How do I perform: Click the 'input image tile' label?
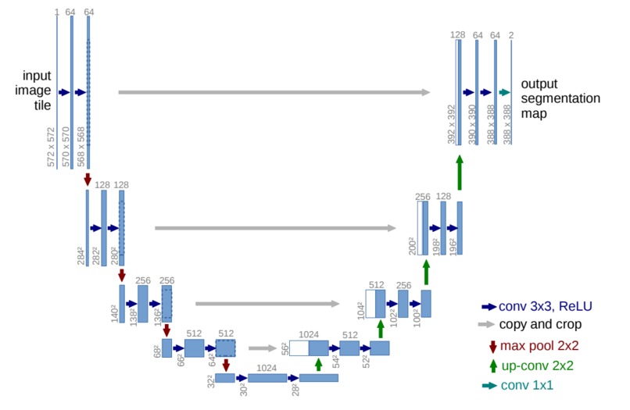click(x=33, y=91)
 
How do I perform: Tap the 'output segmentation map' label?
click(x=560, y=98)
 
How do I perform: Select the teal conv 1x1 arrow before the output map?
click(x=504, y=92)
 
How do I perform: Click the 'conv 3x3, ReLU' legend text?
click(x=546, y=306)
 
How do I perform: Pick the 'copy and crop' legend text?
click(x=540, y=324)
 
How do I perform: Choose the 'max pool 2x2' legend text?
click(x=539, y=345)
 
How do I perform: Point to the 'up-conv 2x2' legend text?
click(x=537, y=365)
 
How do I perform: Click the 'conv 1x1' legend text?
click(x=527, y=385)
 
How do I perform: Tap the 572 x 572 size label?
click(x=51, y=147)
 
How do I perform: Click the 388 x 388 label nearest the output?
click(x=507, y=124)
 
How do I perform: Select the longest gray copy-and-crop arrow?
click(x=274, y=92)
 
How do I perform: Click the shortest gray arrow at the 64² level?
click(x=263, y=348)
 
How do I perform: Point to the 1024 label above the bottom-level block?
click(x=267, y=368)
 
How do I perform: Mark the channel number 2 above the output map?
click(x=511, y=35)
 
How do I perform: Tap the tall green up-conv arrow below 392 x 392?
click(x=460, y=173)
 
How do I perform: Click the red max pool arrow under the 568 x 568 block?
click(x=88, y=180)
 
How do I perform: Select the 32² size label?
click(x=210, y=381)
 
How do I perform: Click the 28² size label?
click(x=295, y=390)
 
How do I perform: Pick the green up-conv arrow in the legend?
click(x=493, y=365)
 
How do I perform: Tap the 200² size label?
click(x=412, y=246)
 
